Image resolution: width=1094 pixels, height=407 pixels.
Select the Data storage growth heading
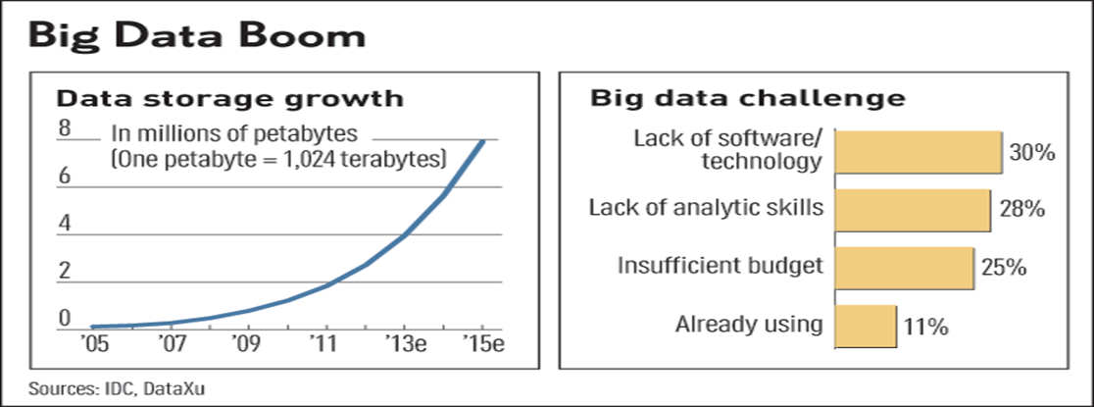pos(228,98)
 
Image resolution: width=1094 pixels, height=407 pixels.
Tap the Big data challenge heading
pos(747,98)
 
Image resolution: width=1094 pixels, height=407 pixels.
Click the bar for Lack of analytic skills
pos(912,209)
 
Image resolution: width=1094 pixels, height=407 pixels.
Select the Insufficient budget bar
pos(903,266)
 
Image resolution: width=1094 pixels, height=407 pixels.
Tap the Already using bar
pos(865,325)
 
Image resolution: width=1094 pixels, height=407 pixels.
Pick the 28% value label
pos(1019,209)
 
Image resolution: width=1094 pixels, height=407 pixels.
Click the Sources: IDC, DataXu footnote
pos(118,388)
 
